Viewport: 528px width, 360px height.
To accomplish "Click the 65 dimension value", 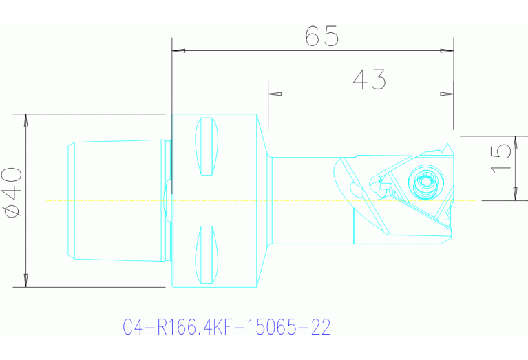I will tap(322, 36).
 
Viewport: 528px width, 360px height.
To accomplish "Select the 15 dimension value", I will tap(503, 159).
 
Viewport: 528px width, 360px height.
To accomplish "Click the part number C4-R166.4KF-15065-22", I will tap(226, 327).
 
